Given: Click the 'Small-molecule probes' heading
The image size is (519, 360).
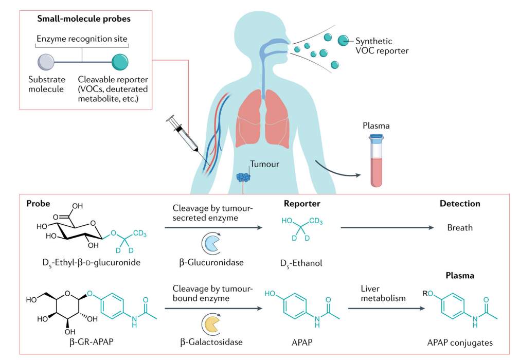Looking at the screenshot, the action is click(x=84, y=19).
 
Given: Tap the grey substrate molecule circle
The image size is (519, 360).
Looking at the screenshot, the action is click(x=46, y=62).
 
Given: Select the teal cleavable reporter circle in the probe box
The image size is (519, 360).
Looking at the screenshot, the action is click(x=120, y=62).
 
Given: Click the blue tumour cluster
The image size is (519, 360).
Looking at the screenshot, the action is click(x=243, y=177).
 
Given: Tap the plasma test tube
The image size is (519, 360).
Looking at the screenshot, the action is click(x=377, y=160).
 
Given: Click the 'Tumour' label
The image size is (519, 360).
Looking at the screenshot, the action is click(x=264, y=164).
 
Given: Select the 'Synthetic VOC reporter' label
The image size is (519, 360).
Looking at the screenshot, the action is click(x=382, y=46).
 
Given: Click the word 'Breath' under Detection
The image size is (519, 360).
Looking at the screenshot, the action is click(x=460, y=228).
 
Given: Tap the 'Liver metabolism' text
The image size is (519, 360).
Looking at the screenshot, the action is click(x=383, y=294).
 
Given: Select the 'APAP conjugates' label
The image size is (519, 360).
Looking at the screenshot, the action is click(x=460, y=343).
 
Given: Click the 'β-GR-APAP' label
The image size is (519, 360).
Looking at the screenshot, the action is click(x=92, y=342).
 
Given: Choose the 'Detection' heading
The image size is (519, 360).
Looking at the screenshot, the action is click(x=460, y=204).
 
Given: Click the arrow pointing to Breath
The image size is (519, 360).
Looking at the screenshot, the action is click(x=387, y=228).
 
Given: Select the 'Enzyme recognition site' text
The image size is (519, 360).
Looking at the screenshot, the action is click(x=82, y=39).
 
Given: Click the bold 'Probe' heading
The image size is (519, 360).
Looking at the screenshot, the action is click(x=38, y=204).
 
